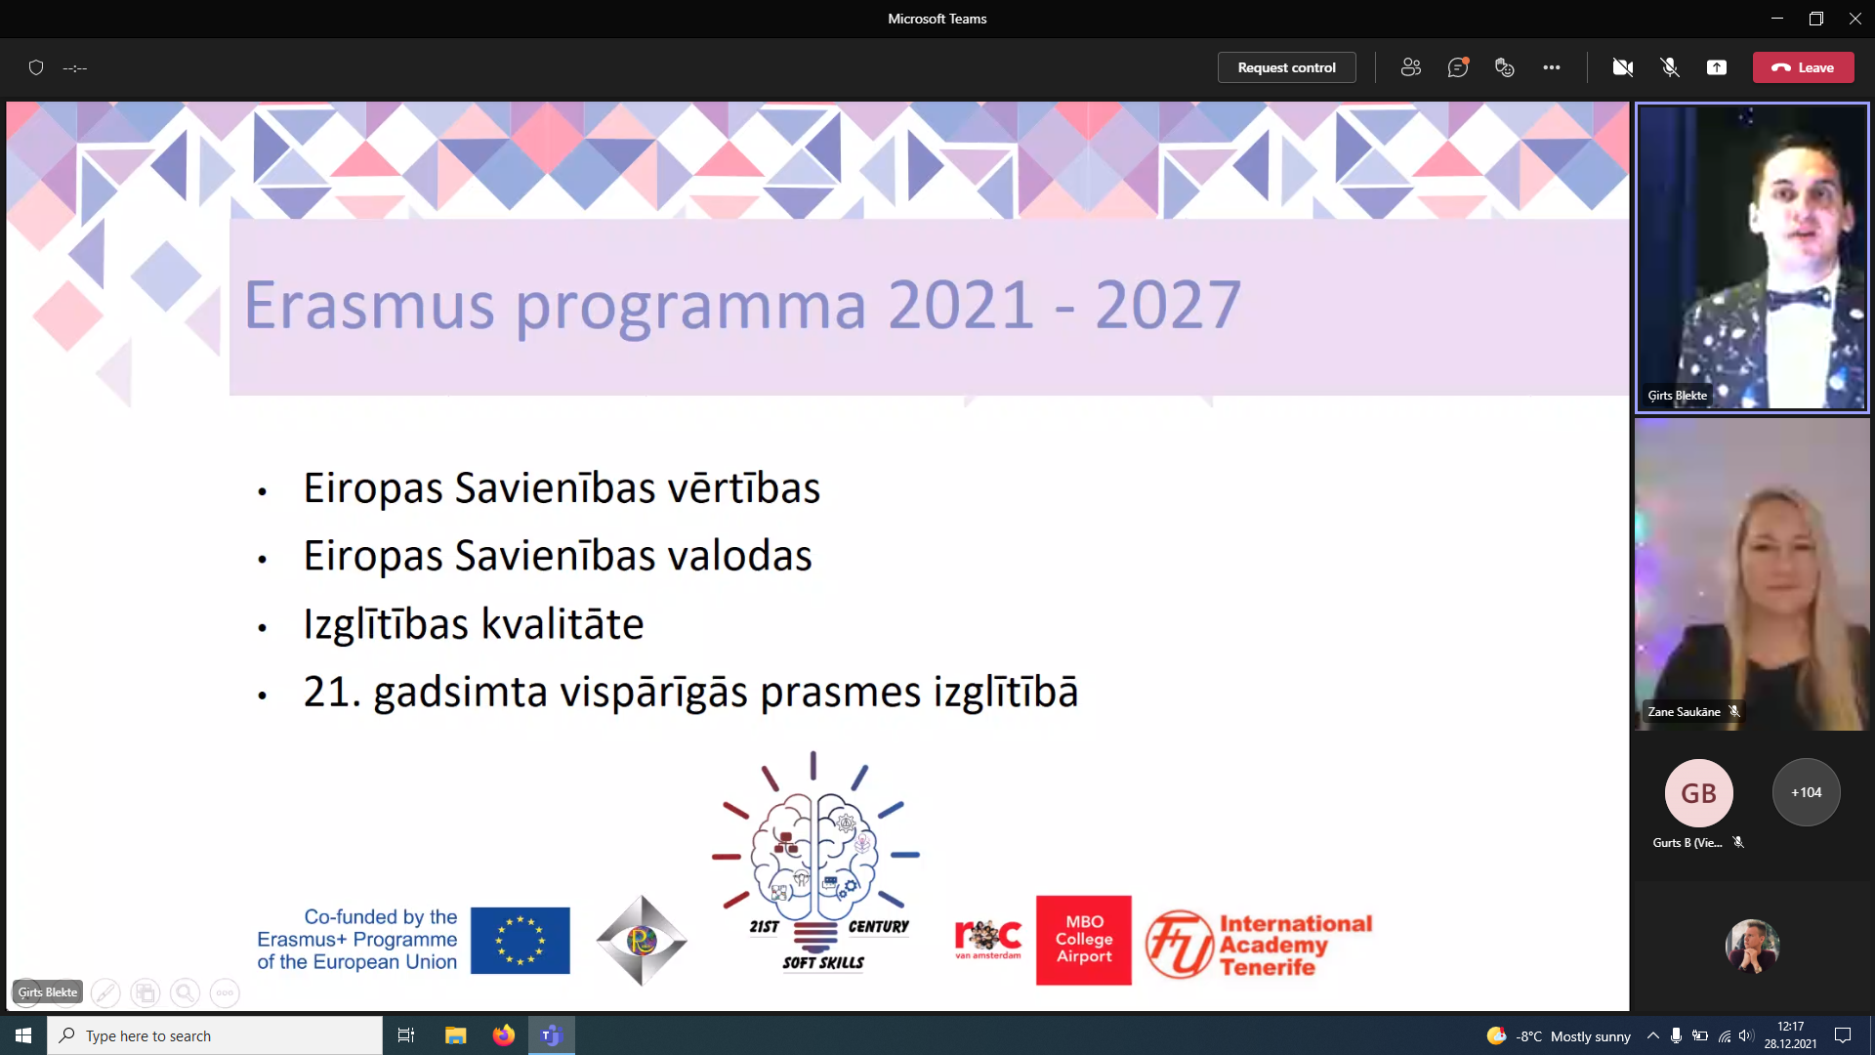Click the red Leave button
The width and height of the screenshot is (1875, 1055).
point(1803,67)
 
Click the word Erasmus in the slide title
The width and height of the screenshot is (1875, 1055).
point(369,305)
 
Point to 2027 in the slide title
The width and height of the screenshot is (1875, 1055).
point(1168,305)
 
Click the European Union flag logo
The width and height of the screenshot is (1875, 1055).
point(521,940)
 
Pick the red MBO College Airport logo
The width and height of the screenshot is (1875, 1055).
point(1084,940)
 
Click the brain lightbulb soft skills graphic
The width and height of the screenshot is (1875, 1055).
point(815,861)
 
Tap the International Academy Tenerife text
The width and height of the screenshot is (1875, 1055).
point(1295,945)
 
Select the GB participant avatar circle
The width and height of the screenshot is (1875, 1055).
point(1699,792)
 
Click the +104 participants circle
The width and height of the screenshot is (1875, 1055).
point(1807,792)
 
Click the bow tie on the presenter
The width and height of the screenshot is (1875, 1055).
point(1798,297)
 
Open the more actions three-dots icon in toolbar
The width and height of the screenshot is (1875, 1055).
point(1552,67)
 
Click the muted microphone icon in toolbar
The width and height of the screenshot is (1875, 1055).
point(1670,67)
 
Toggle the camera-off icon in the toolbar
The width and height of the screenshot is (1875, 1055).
point(1623,67)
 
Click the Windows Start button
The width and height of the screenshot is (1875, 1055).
point(23,1035)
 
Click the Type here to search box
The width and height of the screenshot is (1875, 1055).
point(215,1035)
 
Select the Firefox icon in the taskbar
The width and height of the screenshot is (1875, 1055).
point(504,1035)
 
